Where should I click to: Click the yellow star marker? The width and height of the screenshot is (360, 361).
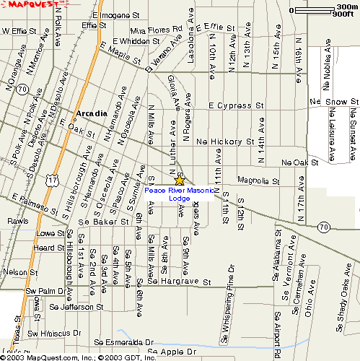coord(180,180)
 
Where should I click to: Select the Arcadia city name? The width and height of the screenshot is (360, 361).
coord(90,113)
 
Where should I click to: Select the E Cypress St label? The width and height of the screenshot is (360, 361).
coord(236,105)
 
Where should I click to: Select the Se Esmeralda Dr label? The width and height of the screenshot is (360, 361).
coord(125,342)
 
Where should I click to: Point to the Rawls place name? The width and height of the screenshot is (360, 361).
coord(18,221)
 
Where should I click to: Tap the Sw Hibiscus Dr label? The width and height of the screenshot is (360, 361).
coord(53,333)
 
